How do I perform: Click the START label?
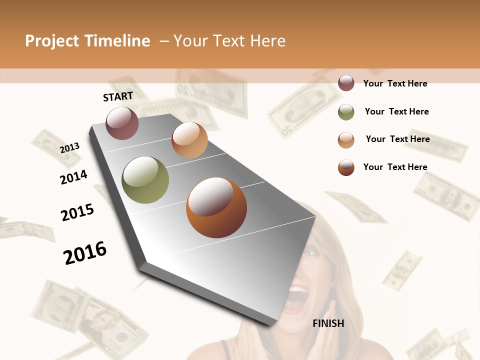click(x=118, y=96)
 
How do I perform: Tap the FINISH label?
click(x=328, y=323)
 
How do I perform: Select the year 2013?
click(x=70, y=148)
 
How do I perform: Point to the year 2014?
click(x=73, y=177)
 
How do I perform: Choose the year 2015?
click(x=77, y=212)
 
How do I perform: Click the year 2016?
click(x=85, y=252)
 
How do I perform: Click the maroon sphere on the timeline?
click(x=122, y=123)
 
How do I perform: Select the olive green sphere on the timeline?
click(x=145, y=180)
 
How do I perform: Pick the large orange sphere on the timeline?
click(x=216, y=207)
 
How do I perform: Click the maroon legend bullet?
click(x=346, y=83)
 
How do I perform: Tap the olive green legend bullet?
click(x=346, y=112)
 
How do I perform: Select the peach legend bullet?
click(x=346, y=140)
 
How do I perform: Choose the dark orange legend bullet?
click(x=346, y=167)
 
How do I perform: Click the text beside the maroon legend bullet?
click(x=395, y=83)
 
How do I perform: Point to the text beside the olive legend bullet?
click(x=396, y=111)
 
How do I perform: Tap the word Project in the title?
click(x=52, y=41)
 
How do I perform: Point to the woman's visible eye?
click(x=309, y=252)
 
